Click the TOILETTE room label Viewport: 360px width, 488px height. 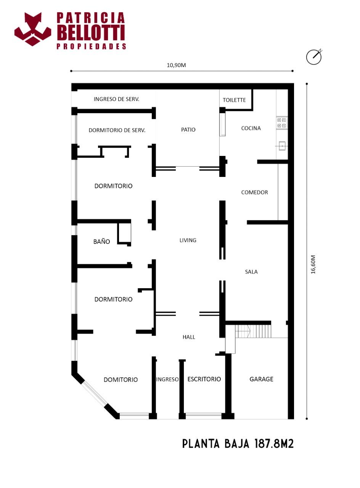tap(234, 100)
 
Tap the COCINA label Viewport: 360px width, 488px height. tap(251, 128)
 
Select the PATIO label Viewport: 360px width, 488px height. tap(188, 130)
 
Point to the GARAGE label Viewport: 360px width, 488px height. tap(261, 379)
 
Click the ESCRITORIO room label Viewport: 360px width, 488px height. tap(204, 379)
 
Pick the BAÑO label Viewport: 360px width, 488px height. tap(101, 241)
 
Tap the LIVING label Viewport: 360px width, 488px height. tap(188, 240)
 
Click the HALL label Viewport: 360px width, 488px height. tap(189, 337)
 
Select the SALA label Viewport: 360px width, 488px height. tap(251, 272)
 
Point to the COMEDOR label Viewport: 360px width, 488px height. tap(254, 193)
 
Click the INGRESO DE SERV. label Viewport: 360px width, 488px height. tap(116, 99)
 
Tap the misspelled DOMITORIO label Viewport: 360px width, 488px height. tap(121, 380)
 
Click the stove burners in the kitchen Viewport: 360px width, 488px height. tap(281, 123)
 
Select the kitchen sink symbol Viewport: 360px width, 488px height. tap(282, 146)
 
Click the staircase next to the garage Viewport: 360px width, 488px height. tap(253, 331)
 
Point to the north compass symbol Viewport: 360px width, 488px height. tap(314, 56)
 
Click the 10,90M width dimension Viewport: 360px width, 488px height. tap(176, 65)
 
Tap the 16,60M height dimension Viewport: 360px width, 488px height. tap(313, 265)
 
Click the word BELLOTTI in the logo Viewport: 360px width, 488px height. tap(91, 33)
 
